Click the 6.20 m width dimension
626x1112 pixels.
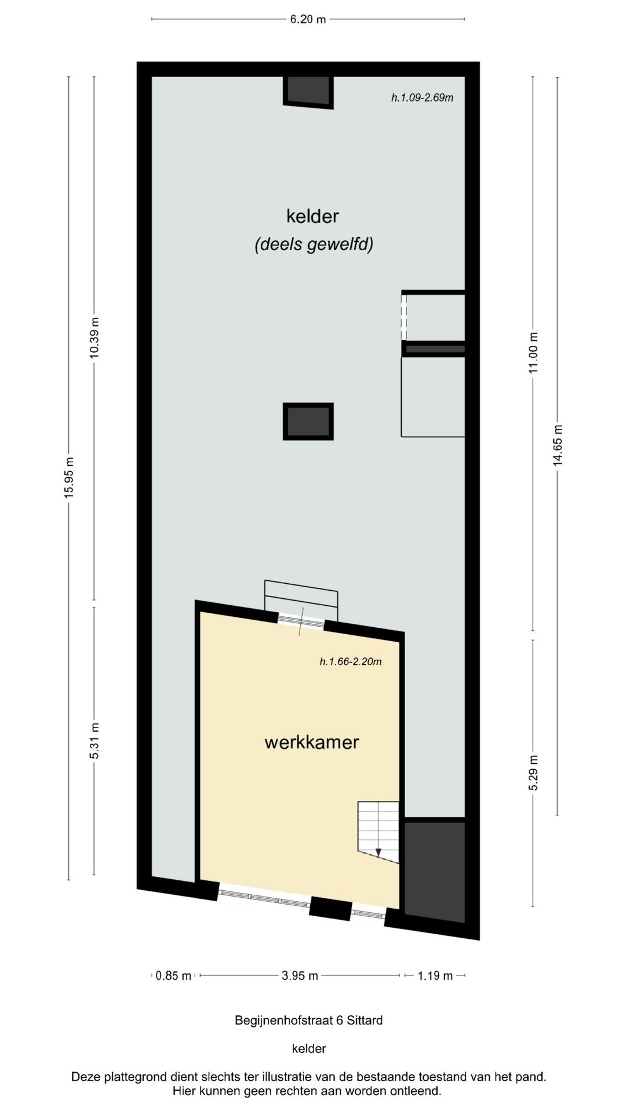(308, 19)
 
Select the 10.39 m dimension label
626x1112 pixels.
(94, 338)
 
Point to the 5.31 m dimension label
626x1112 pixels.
(94, 741)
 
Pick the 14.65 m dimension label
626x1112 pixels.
(558, 445)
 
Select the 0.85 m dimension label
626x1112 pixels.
(173, 976)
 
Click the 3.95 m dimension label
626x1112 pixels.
(300, 976)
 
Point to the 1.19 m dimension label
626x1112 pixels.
(435, 976)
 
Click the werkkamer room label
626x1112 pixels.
(312, 742)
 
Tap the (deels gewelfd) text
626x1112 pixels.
(314, 244)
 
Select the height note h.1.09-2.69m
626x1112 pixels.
(422, 97)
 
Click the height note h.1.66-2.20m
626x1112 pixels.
(351, 661)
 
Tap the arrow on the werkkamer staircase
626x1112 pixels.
(378, 851)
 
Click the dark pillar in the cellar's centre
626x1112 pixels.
(308, 421)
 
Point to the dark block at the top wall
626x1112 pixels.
(308, 90)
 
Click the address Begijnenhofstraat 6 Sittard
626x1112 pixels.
(308, 1020)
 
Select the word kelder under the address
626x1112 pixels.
(308, 1048)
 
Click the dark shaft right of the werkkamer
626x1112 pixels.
(434, 869)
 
